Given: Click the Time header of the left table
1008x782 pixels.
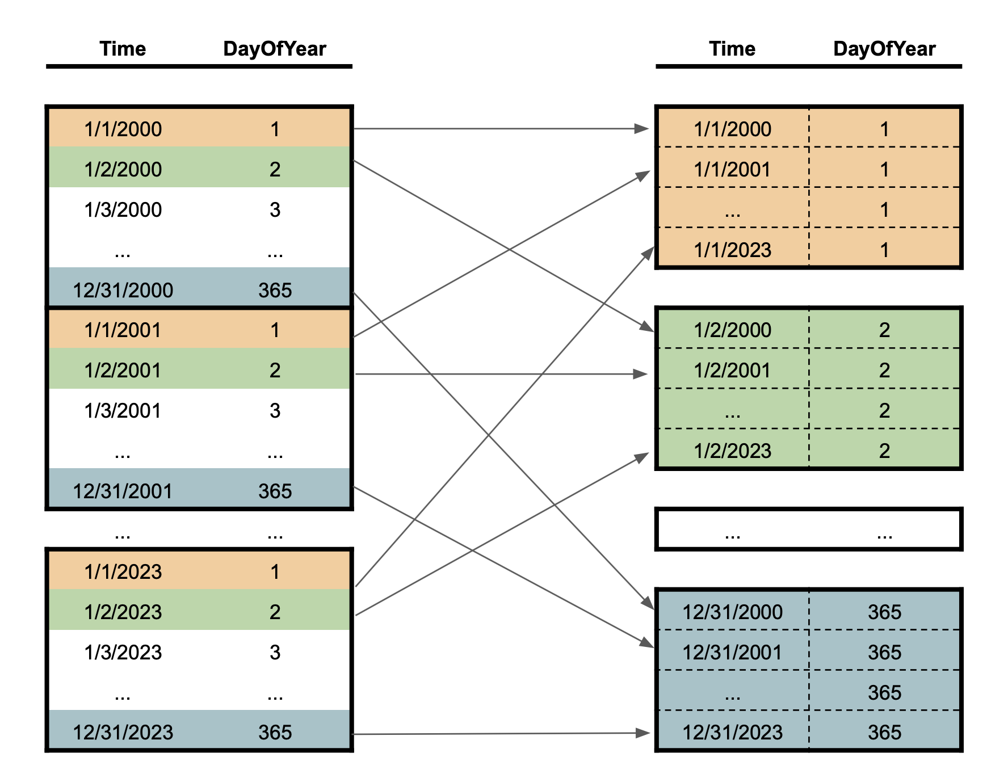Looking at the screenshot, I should [123, 49].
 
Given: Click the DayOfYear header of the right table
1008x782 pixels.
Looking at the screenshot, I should [884, 49].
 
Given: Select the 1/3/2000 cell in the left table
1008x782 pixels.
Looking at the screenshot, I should [123, 210].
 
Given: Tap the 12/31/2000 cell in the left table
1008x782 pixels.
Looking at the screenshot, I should [123, 291].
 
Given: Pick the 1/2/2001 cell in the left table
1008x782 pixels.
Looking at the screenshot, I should [123, 371].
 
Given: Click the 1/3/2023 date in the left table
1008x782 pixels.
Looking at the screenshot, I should [123, 653].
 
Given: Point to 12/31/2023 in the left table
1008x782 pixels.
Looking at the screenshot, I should [123, 733].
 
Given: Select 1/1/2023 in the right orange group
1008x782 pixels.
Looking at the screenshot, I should [732, 250].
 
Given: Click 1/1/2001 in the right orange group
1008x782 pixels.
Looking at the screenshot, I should [732, 170].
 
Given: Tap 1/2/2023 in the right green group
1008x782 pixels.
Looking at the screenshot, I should [732, 451].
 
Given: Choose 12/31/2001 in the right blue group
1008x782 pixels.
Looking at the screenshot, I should [732, 653].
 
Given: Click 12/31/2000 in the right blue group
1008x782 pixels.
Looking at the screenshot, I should [732, 612].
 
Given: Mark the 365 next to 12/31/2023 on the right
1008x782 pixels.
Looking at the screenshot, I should [884, 733].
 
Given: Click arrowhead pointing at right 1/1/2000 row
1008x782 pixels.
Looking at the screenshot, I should [642, 129].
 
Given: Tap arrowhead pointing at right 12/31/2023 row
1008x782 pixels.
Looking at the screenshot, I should [643, 733].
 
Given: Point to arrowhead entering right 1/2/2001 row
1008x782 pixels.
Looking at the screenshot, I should [641, 374].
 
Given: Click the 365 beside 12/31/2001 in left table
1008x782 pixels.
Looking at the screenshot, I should [275, 491].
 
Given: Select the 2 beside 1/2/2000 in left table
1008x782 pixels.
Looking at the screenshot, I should [275, 170].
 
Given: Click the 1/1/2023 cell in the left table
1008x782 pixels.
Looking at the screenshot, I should [123, 572].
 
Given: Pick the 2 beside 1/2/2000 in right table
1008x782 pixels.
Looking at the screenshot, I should [884, 330].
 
